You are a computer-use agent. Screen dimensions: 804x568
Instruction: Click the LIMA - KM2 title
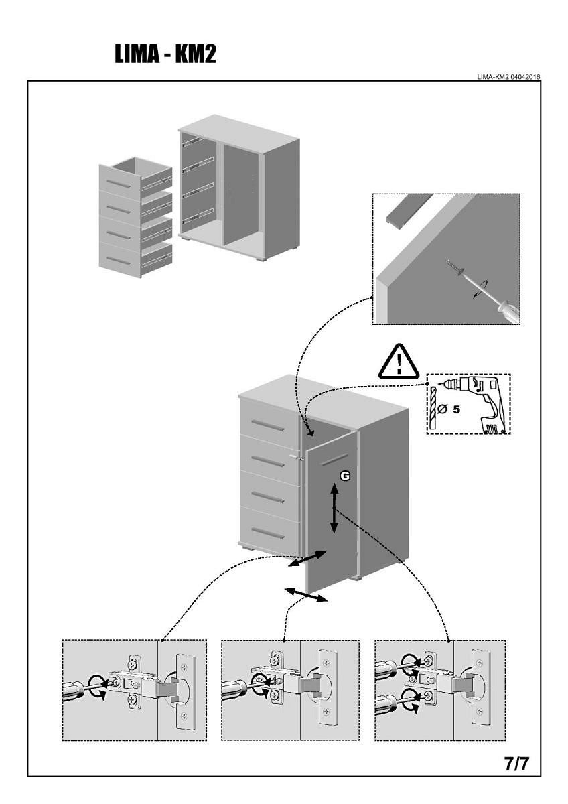(165, 54)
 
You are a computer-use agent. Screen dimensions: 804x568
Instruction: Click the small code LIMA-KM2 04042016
(509, 77)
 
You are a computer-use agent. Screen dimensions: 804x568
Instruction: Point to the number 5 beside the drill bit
(456, 409)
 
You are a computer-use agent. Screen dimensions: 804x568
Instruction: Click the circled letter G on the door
(344, 475)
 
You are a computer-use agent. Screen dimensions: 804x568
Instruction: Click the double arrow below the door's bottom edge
(306, 595)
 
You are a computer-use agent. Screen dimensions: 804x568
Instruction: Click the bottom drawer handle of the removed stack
(118, 260)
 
